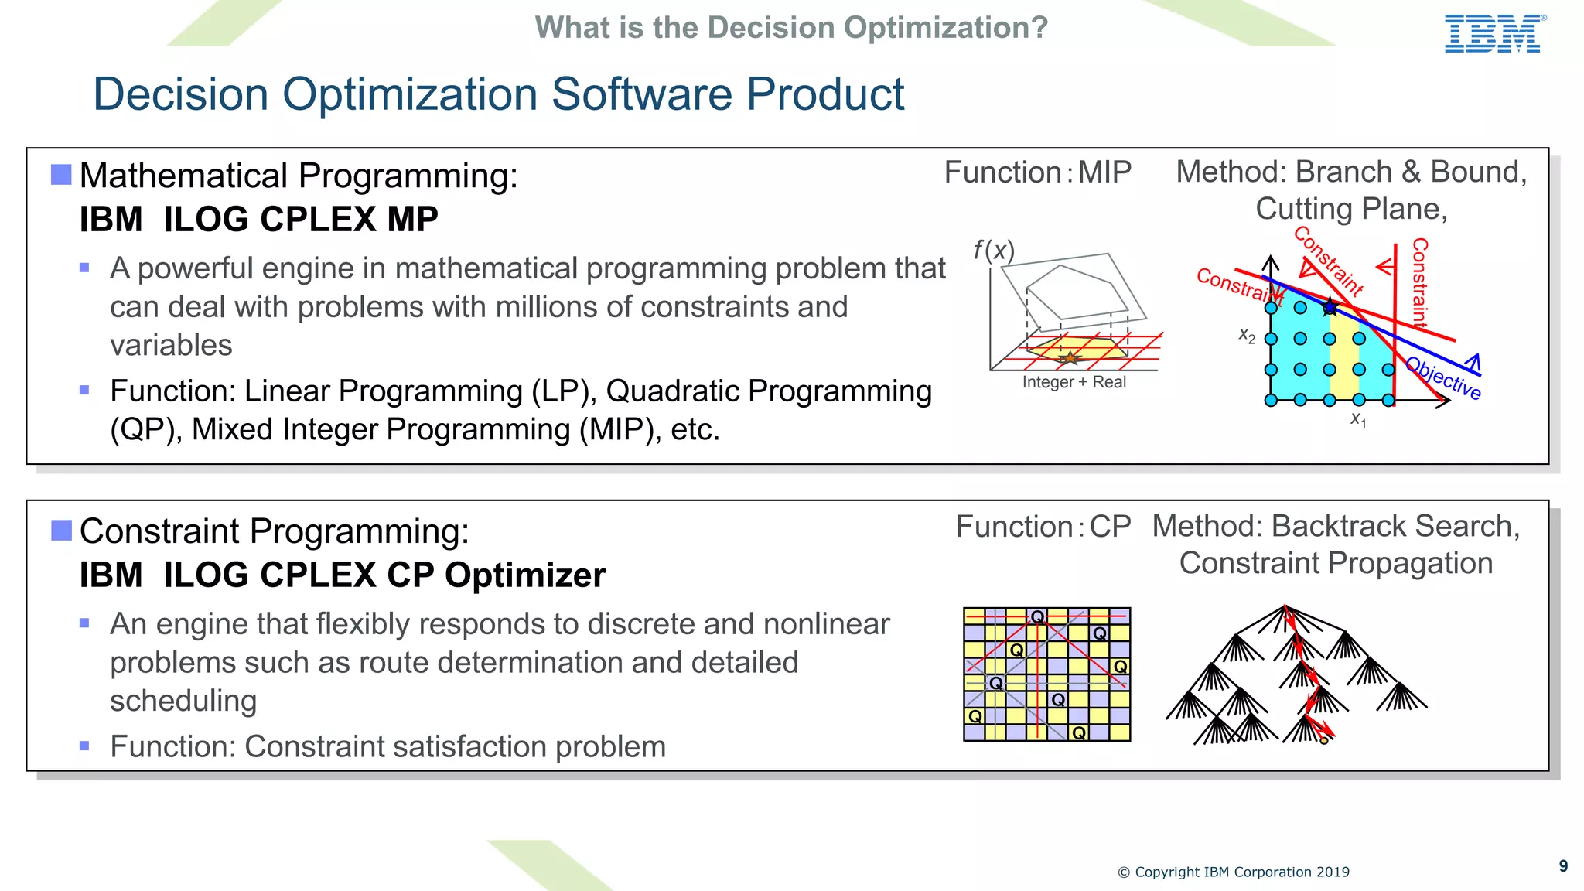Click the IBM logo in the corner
point(1494,34)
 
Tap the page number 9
point(1563,866)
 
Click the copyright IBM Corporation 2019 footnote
point(1233,872)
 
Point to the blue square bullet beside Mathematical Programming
point(61,175)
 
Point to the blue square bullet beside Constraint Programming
point(61,531)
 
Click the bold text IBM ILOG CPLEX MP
point(258,219)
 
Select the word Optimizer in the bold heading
point(525,575)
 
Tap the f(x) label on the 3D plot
point(993,250)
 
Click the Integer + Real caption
point(1074,382)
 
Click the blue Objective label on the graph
point(1443,378)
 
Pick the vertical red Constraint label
point(1419,283)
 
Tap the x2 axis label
point(1247,335)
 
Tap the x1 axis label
point(1358,419)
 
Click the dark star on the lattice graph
point(1330,307)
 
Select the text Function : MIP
point(1037,172)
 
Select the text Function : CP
point(1043,527)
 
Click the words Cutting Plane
point(1350,209)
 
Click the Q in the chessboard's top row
point(1037,616)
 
